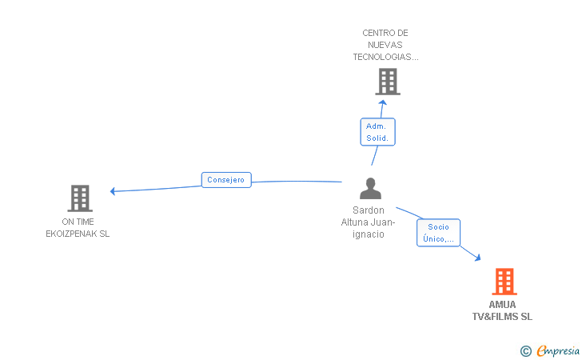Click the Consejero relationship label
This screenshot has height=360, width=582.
(x=226, y=180)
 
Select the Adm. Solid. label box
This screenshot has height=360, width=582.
(x=377, y=132)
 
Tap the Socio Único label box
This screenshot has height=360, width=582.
(x=438, y=233)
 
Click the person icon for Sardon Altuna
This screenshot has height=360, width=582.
(x=370, y=188)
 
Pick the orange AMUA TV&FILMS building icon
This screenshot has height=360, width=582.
(x=504, y=282)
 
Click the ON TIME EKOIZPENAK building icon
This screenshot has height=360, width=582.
(x=80, y=198)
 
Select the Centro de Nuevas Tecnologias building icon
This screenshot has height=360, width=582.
(x=388, y=82)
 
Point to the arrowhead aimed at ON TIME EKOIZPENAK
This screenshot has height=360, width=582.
(x=113, y=191)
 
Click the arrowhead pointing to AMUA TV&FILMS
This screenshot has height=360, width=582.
(x=477, y=257)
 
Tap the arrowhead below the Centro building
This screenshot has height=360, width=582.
(x=383, y=102)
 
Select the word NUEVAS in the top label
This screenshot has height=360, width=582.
(x=385, y=45)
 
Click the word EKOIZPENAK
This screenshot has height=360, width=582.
(x=78, y=234)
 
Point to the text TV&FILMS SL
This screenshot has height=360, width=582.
(x=502, y=317)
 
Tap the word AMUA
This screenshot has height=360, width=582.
(x=502, y=305)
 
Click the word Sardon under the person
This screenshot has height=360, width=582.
(x=369, y=210)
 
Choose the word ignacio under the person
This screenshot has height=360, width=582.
(x=369, y=234)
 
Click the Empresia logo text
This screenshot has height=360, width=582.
(x=558, y=350)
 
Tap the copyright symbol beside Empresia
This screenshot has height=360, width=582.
(x=525, y=351)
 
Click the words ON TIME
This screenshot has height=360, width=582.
(x=78, y=222)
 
